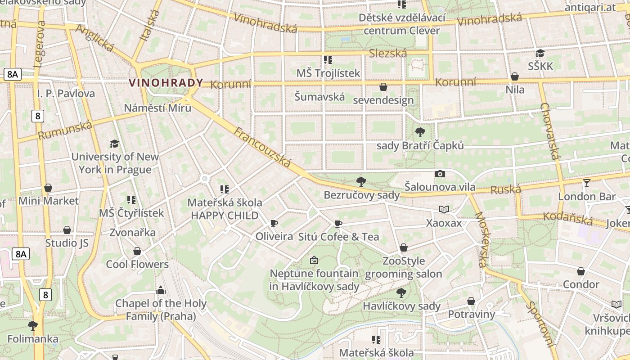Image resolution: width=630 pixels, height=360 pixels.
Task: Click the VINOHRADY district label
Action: tap(166, 83)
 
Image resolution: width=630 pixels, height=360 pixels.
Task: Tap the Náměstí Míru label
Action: tap(157, 108)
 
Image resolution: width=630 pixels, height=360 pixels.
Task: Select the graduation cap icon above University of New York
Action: tap(115, 144)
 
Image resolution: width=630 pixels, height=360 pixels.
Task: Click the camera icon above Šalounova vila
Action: tap(440, 174)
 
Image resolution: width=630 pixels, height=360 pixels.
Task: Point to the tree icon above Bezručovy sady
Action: tap(361, 182)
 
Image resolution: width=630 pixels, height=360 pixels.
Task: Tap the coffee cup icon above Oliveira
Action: tap(274, 223)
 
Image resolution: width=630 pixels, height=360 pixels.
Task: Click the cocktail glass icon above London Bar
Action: tap(587, 183)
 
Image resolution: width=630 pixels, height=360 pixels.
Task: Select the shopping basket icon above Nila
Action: tap(515, 76)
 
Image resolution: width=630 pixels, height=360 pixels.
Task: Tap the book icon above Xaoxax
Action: tap(444, 210)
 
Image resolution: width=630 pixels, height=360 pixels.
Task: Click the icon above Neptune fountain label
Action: tap(314, 260)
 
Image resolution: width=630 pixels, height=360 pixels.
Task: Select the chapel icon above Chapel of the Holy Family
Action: tap(161, 290)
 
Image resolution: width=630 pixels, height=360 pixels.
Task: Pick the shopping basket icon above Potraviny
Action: tap(471, 301)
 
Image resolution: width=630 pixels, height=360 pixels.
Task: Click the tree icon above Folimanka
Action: tap(32, 325)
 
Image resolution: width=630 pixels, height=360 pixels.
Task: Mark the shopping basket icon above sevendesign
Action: tap(383, 87)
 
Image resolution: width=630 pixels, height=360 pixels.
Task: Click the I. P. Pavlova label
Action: tap(66, 94)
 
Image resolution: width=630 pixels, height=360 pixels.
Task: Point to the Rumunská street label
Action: tap(65, 130)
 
